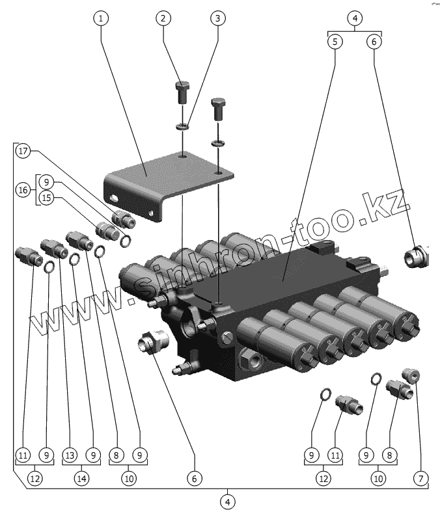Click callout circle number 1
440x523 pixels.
point(100,18)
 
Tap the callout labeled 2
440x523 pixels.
point(163,18)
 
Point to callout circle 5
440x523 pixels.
point(335,41)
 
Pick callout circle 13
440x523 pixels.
point(70,455)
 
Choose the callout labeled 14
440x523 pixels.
point(81,479)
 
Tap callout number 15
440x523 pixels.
point(46,199)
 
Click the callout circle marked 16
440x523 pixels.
point(23,190)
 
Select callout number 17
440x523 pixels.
point(23,152)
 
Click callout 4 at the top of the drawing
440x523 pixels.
point(355,18)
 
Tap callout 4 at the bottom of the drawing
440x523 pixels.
point(228,502)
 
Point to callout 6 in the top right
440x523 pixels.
point(374,41)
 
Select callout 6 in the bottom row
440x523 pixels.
point(193,479)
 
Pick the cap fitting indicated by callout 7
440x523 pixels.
point(412,375)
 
